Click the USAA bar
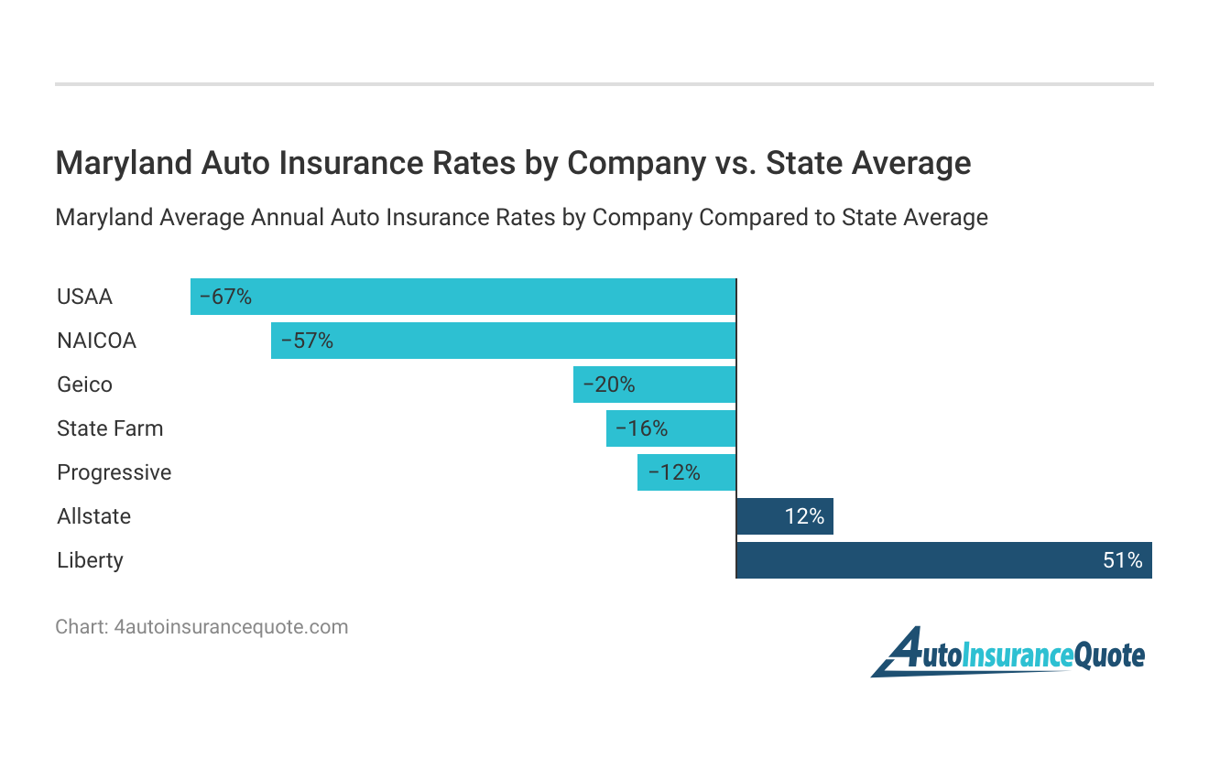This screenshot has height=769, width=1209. (x=463, y=297)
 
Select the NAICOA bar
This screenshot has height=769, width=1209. (x=503, y=341)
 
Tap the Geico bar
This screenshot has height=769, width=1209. (x=654, y=384)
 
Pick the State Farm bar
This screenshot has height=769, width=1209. (x=670, y=428)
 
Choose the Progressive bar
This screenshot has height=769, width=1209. (x=686, y=472)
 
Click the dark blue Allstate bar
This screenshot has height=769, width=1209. (x=785, y=516)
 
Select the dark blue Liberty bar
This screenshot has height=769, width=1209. (x=943, y=560)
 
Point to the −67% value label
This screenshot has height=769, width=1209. (x=225, y=297)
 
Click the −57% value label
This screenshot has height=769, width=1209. (x=307, y=341)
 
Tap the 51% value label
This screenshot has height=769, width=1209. (x=1122, y=560)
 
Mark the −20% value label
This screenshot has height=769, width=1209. (x=608, y=384)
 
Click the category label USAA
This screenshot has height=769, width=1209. (x=84, y=297)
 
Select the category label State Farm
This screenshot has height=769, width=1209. (x=110, y=428)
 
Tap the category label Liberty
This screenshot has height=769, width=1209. (x=90, y=560)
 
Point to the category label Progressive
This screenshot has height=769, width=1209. (x=114, y=472)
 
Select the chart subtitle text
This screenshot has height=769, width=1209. (x=521, y=218)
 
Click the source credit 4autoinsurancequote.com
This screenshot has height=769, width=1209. (x=230, y=627)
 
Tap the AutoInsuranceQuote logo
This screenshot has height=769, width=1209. (x=1007, y=653)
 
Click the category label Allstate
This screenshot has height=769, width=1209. (x=93, y=516)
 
